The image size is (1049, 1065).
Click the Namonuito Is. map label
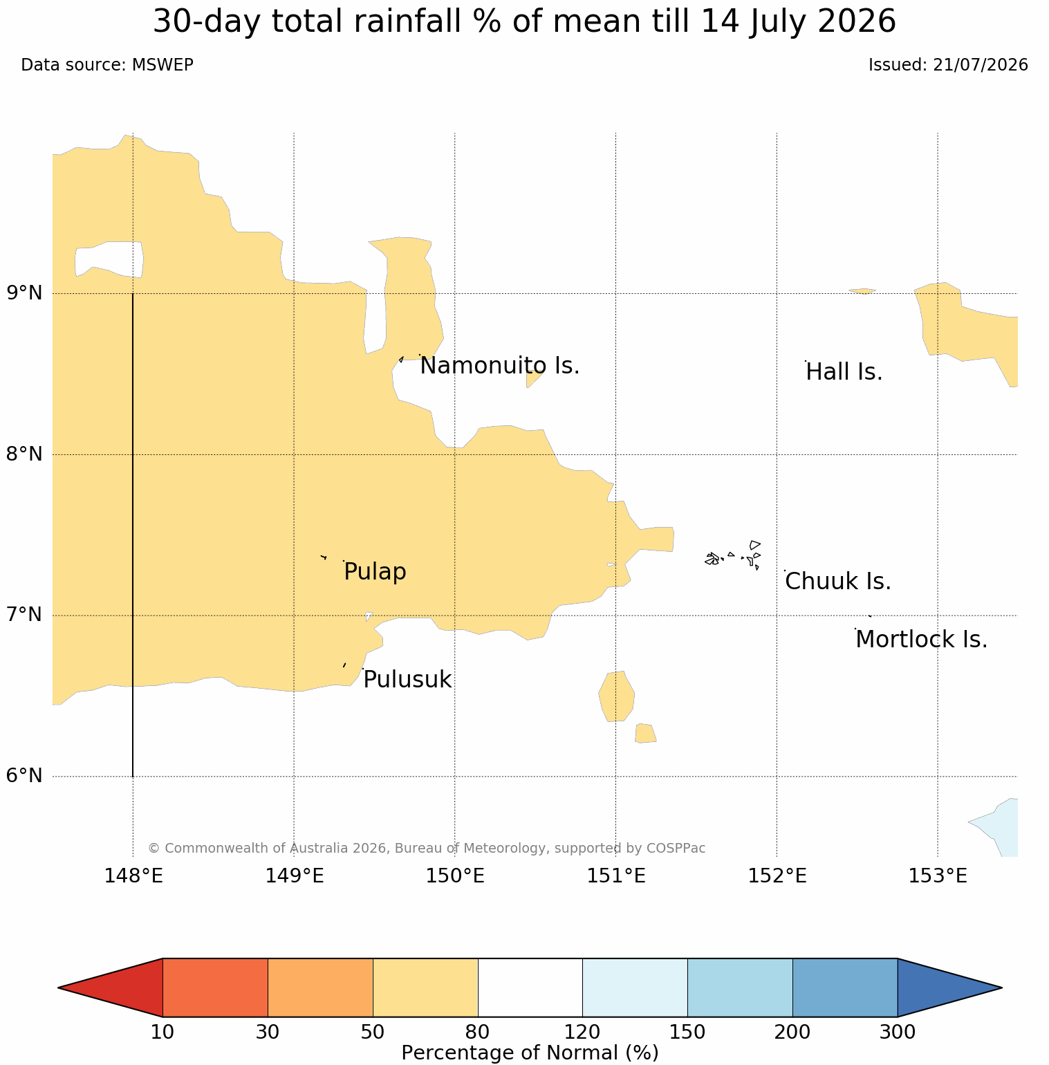tap(499, 366)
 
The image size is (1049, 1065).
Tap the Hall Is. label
tap(844, 372)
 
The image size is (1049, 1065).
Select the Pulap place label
tap(375, 573)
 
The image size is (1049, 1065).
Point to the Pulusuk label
tap(407, 680)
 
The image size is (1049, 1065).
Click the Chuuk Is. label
tap(838, 582)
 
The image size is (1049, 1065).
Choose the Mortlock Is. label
tap(921, 640)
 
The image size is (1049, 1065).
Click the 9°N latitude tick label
tap(25, 293)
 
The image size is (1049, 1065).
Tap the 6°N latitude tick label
tap(25, 776)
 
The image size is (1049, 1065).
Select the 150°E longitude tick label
tap(454, 876)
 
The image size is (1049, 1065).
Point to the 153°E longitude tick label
tap(937, 876)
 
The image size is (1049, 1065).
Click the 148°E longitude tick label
tap(133, 876)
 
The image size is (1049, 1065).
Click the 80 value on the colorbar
tap(477, 1032)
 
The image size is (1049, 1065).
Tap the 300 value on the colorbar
tap(897, 1032)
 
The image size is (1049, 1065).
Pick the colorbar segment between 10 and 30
tap(215, 988)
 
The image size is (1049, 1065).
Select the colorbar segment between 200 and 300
tap(845, 988)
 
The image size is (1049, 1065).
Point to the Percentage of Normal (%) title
tap(530, 1053)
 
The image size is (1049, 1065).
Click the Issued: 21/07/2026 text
tap(948, 65)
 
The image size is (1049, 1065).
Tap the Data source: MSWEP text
tap(107, 65)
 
